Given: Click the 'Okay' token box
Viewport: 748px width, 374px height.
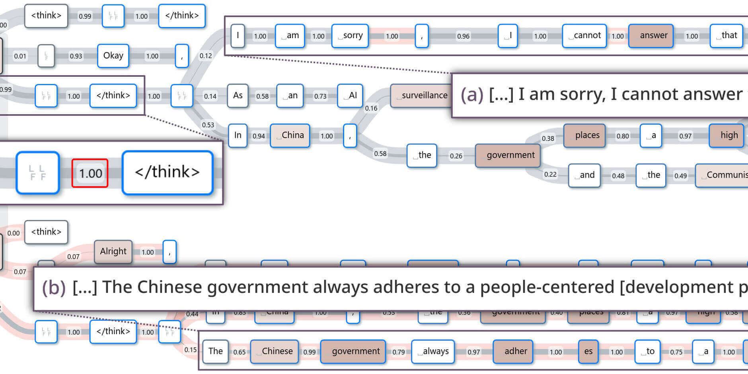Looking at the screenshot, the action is coord(113,56).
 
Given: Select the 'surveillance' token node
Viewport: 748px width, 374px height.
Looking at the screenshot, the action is coord(421,95).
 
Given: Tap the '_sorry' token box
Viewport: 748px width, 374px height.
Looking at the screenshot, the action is coord(350,36).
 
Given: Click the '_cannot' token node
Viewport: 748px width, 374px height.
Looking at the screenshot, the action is coord(584,36).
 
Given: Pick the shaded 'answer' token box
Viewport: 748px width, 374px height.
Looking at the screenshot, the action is coord(651,36).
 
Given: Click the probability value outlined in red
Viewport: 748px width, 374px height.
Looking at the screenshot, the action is coord(90,173).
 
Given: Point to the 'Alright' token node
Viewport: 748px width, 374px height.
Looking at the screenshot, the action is coord(113,251).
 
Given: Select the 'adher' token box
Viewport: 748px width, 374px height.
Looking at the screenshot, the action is coord(512,351).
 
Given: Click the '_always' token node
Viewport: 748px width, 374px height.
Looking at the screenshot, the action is coord(433,351).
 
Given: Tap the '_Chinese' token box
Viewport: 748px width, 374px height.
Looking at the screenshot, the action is coord(274,351).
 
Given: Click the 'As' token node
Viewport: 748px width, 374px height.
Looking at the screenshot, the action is coord(238,95).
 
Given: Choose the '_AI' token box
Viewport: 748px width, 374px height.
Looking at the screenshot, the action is coord(350,95).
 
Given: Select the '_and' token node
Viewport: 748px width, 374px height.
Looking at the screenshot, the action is coord(584,175).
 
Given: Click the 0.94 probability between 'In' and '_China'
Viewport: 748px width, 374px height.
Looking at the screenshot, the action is coord(259,136).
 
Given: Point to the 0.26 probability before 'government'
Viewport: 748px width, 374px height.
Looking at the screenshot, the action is coord(456,156).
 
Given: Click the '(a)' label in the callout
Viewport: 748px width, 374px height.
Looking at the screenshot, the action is coord(472,95).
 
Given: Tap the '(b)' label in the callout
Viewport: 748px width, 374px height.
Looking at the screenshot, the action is coord(54,288).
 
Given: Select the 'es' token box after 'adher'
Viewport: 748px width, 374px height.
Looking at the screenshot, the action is coord(588,351).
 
